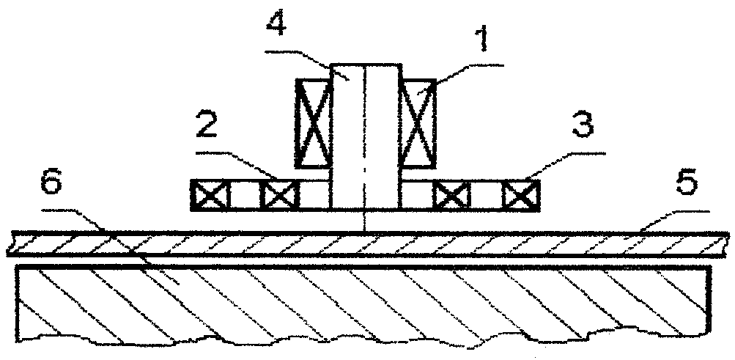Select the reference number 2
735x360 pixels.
pos(206,123)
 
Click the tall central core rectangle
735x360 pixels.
pos(366,136)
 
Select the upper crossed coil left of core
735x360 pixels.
pos(313,123)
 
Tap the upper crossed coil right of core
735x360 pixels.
pos(418,124)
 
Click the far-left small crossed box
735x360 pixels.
pos(210,195)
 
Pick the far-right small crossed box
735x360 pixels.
pos(521,195)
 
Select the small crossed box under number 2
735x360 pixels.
pos(279,195)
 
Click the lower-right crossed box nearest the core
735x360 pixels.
pos(451,195)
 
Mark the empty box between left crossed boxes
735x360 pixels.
pos(245,195)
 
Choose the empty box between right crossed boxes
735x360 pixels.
pos(486,195)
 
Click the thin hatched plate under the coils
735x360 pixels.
pos(368,243)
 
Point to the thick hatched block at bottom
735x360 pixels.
pos(363,306)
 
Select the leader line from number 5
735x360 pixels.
pos(674,221)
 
